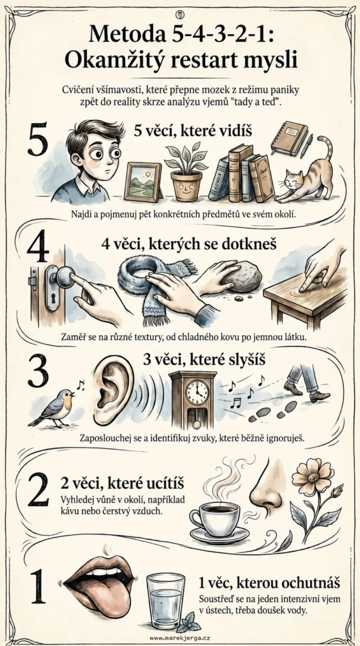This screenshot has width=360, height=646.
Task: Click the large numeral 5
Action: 37,139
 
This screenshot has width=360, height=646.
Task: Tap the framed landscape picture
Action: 143,181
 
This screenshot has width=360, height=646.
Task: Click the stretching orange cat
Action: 306,173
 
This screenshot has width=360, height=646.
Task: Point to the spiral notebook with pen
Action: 291,139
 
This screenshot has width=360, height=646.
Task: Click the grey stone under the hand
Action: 241,276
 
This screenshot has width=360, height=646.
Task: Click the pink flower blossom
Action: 312,477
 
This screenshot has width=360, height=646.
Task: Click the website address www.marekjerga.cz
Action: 180,638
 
